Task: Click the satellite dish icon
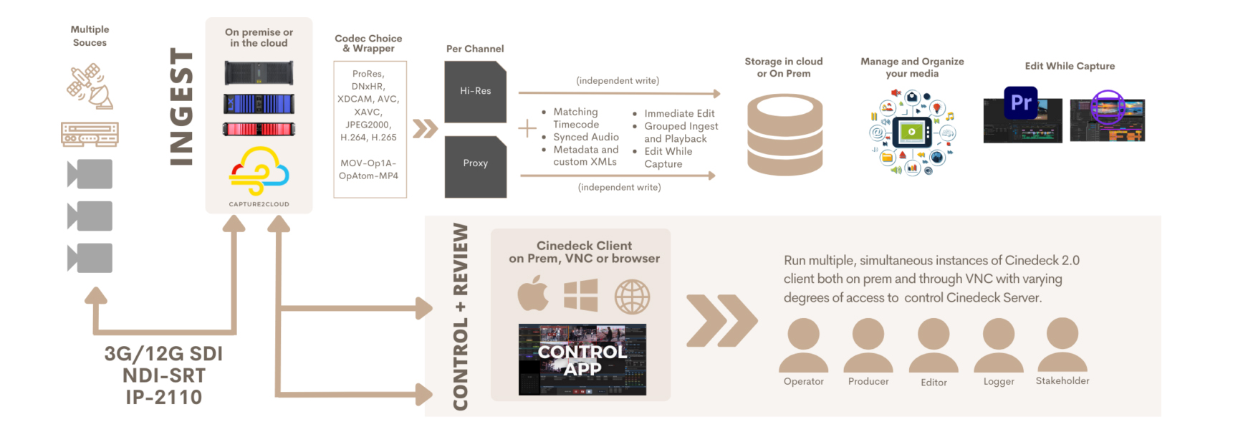coord(90,87)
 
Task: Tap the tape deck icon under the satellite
coord(90,134)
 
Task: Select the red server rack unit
coord(259,130)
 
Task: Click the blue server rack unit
coord(259,104)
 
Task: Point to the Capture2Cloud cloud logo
coord(259,171)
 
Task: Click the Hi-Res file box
coord(475,92)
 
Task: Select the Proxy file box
coord(475,166)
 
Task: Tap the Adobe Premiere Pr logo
coord(1021,103)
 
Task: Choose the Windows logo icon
coord(581,295)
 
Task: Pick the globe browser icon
coord(632,297)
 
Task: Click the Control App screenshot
coord(582,360)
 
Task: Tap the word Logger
coord(999,382)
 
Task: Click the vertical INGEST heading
coord(181,107)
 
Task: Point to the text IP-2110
coord(163,398)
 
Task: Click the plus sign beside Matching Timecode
coord(527,128)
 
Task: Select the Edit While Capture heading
coord(1070,66)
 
